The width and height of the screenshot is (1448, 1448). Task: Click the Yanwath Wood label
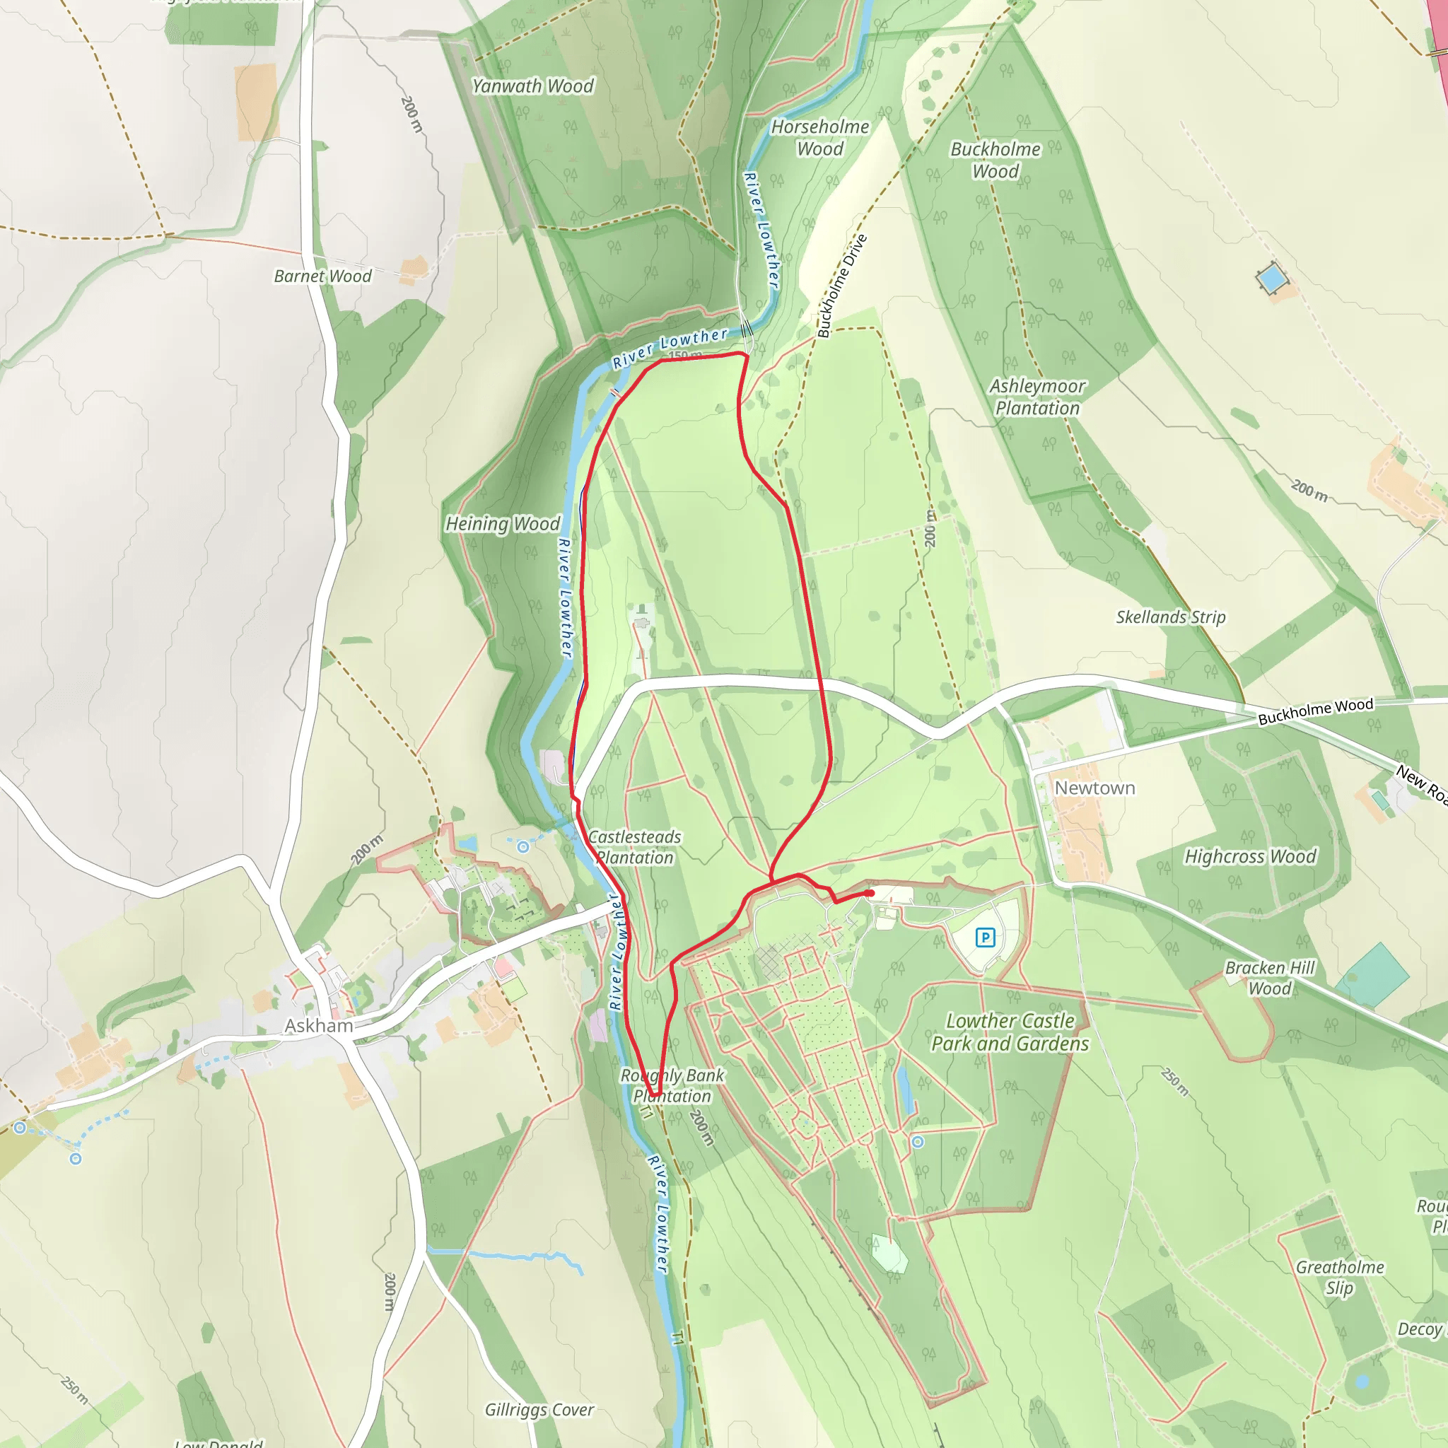[533, 86]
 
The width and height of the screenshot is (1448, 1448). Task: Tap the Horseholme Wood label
[820, 138]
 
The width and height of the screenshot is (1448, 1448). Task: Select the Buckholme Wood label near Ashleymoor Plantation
[995, 160]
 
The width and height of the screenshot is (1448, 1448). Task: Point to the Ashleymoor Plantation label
[1037, 397]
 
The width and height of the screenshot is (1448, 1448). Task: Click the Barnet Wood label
[322, 276]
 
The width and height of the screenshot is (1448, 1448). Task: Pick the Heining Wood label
[503, 524]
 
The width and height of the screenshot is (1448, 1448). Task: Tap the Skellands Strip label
[1171, 617]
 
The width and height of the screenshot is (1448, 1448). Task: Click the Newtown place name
[1094, 788]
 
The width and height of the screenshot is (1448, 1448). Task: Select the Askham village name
[319, 1025]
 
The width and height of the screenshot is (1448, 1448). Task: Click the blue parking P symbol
[985, 937]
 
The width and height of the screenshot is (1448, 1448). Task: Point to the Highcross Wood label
[1250, 856]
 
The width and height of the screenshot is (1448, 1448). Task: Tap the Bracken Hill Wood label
[1270, 978]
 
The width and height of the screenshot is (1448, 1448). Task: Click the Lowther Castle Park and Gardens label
[1010, 1032]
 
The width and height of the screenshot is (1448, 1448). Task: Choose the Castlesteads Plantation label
[635, 847]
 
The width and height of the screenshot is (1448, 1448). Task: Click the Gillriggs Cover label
[539, 1410]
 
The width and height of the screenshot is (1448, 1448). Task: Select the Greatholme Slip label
[1339, 1277]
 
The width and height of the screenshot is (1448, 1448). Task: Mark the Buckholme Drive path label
[841, 286]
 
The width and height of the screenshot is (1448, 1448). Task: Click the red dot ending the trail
[870, 894]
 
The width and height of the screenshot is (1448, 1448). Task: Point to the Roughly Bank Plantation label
[672, 1085]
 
